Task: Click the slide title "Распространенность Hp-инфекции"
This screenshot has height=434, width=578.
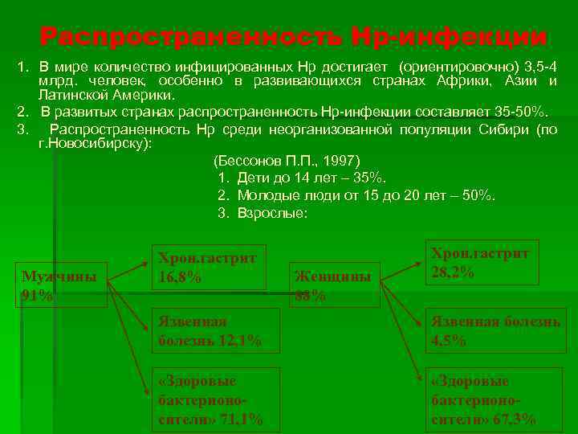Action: pyautogui.click(x=294, y=37)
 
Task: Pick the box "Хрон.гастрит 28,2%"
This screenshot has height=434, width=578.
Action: pyautogui.click(x=479, y=263)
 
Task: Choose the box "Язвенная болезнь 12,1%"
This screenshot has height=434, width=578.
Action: pyautogui.click(x=216, y=331)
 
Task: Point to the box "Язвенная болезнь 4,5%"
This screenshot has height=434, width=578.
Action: pyautogui.click(x=494, y=331)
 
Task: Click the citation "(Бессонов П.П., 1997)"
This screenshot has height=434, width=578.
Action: pyautogui.click(x=288, y=160)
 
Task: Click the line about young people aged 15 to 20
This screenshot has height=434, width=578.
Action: pyautogui.click(x=356, y=195)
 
